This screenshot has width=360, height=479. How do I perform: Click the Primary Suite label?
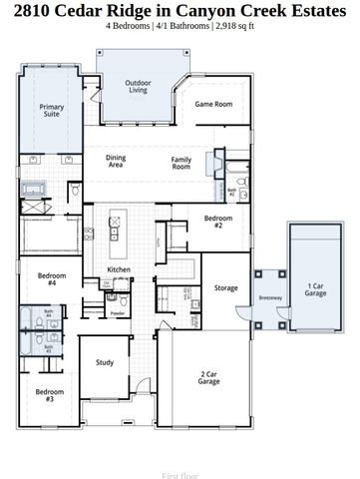tap(51, 111)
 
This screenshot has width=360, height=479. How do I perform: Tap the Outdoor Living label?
tap(138, 87)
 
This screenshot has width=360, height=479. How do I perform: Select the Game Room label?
tap(212, 104)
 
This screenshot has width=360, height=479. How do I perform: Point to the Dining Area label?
tap(116, 162)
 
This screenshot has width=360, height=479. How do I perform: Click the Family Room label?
tap(180, 162)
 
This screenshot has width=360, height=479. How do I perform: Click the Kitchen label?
tap(119, 270)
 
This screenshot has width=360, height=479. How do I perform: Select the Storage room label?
tap(226, 288)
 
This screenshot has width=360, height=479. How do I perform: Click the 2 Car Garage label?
tap(209, 378)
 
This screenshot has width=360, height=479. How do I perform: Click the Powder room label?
tap(118, 313)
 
